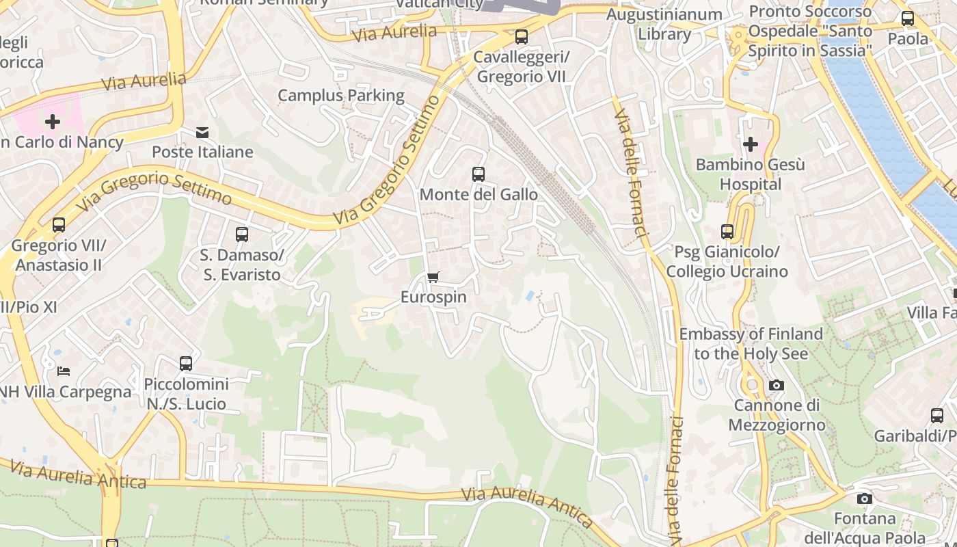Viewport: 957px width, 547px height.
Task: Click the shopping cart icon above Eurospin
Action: (433, 277)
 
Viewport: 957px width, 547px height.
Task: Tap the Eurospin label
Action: (433, 297)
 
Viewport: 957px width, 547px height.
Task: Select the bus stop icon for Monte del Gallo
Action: (478, 174)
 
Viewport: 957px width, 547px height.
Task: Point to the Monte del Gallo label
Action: (478, 195)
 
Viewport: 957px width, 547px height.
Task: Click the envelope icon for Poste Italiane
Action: (202, 133)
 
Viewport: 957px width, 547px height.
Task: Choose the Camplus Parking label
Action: (341, 96)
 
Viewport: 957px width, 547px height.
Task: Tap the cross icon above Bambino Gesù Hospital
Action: (751, 144)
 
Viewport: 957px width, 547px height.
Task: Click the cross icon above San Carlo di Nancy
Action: (53, 122)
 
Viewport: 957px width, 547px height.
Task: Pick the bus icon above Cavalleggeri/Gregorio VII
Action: (522, 37)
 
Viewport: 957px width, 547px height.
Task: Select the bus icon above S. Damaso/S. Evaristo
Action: (241, 235)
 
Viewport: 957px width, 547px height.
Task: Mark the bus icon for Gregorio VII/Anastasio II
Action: (59, 225)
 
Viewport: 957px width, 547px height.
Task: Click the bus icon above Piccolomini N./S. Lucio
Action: (186, 364)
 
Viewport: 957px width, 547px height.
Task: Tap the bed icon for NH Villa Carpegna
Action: (64, 371)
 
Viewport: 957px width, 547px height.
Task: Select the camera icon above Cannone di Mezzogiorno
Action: (776, 386)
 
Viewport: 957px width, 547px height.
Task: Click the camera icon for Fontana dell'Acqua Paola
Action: (865, 498)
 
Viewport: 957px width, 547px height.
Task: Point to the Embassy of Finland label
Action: (751, 344)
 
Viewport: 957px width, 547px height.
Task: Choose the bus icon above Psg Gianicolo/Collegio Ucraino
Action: (727, 232)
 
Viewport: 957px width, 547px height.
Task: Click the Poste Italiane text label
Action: (202, 152)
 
